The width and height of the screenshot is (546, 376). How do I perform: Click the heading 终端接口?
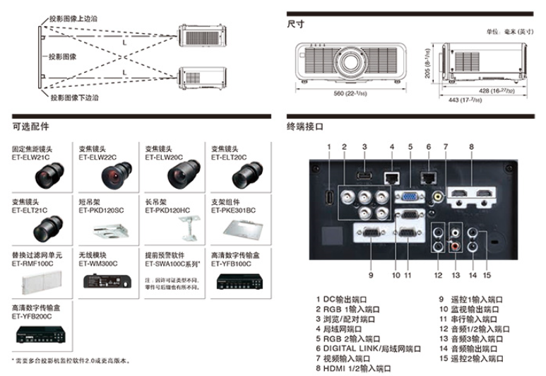(x=304, y=127)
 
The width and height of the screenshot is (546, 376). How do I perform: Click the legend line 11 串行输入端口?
(x=470, y=319)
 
